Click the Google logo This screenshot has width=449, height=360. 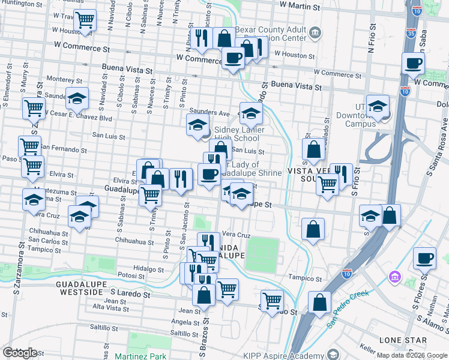pyautogui.click(x=19, y=352)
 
